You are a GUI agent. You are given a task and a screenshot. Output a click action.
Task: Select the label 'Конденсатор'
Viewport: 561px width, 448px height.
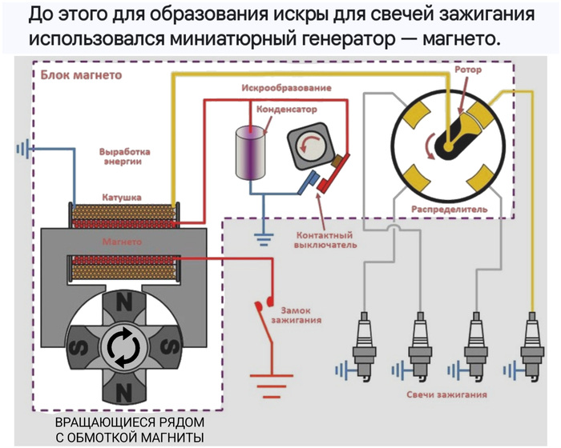click(286, 108)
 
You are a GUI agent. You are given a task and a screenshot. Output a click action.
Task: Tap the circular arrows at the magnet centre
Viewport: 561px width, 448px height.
click(123, 347)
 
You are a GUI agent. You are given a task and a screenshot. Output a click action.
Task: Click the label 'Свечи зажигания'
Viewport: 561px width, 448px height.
click(446, 394)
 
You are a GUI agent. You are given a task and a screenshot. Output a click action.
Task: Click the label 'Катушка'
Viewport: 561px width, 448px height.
click(122, 196)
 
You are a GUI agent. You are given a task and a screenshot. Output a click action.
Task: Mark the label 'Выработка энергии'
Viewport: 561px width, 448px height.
click(123, 156)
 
